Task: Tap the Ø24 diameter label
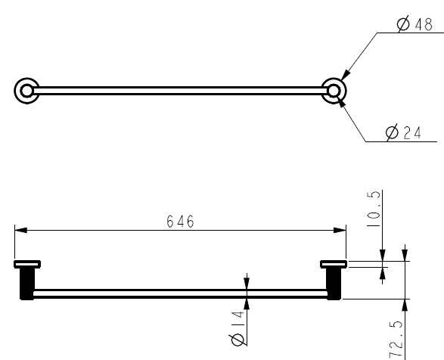point(403,133)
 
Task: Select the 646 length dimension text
point(180,222)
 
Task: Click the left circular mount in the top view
point(26,91)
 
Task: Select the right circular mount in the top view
point(333,91)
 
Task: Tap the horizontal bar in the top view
point(180,91)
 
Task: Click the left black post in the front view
point(25,284)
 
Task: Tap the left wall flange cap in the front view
point(27,264)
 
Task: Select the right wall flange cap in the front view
point(333,264)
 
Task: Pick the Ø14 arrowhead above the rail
point(247,284)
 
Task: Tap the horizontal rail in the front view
point(180,293)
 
